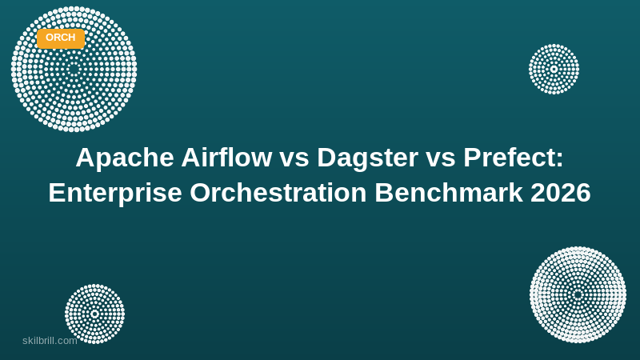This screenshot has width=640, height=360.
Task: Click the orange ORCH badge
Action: pos(61,38)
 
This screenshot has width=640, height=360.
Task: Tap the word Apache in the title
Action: pos(125,158)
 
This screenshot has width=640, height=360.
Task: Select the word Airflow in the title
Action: pos(227,157)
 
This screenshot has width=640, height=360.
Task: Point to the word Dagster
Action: pos(367,158)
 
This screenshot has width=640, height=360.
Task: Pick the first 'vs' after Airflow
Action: pos(294,160)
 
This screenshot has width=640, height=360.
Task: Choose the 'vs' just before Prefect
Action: pos(441,160)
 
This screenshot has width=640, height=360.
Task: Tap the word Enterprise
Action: pos(115,194)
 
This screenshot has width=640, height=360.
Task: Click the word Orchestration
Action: pos(278,192)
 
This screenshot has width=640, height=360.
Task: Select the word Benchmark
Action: pos(449,192)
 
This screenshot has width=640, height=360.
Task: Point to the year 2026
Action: pos(561,192)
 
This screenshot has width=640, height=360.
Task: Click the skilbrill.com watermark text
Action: pos(50,341)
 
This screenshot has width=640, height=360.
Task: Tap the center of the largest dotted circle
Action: pos(74,69)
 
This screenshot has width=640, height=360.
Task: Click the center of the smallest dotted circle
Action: pos(554,69)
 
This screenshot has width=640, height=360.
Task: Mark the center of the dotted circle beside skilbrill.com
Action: pos(94,314)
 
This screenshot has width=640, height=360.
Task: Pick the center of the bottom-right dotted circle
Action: pos(578,294)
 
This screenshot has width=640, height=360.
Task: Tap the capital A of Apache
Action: pos(85,157)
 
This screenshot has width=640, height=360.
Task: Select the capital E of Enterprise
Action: pos(57,193)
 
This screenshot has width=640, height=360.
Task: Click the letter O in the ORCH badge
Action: pos(50,38)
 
